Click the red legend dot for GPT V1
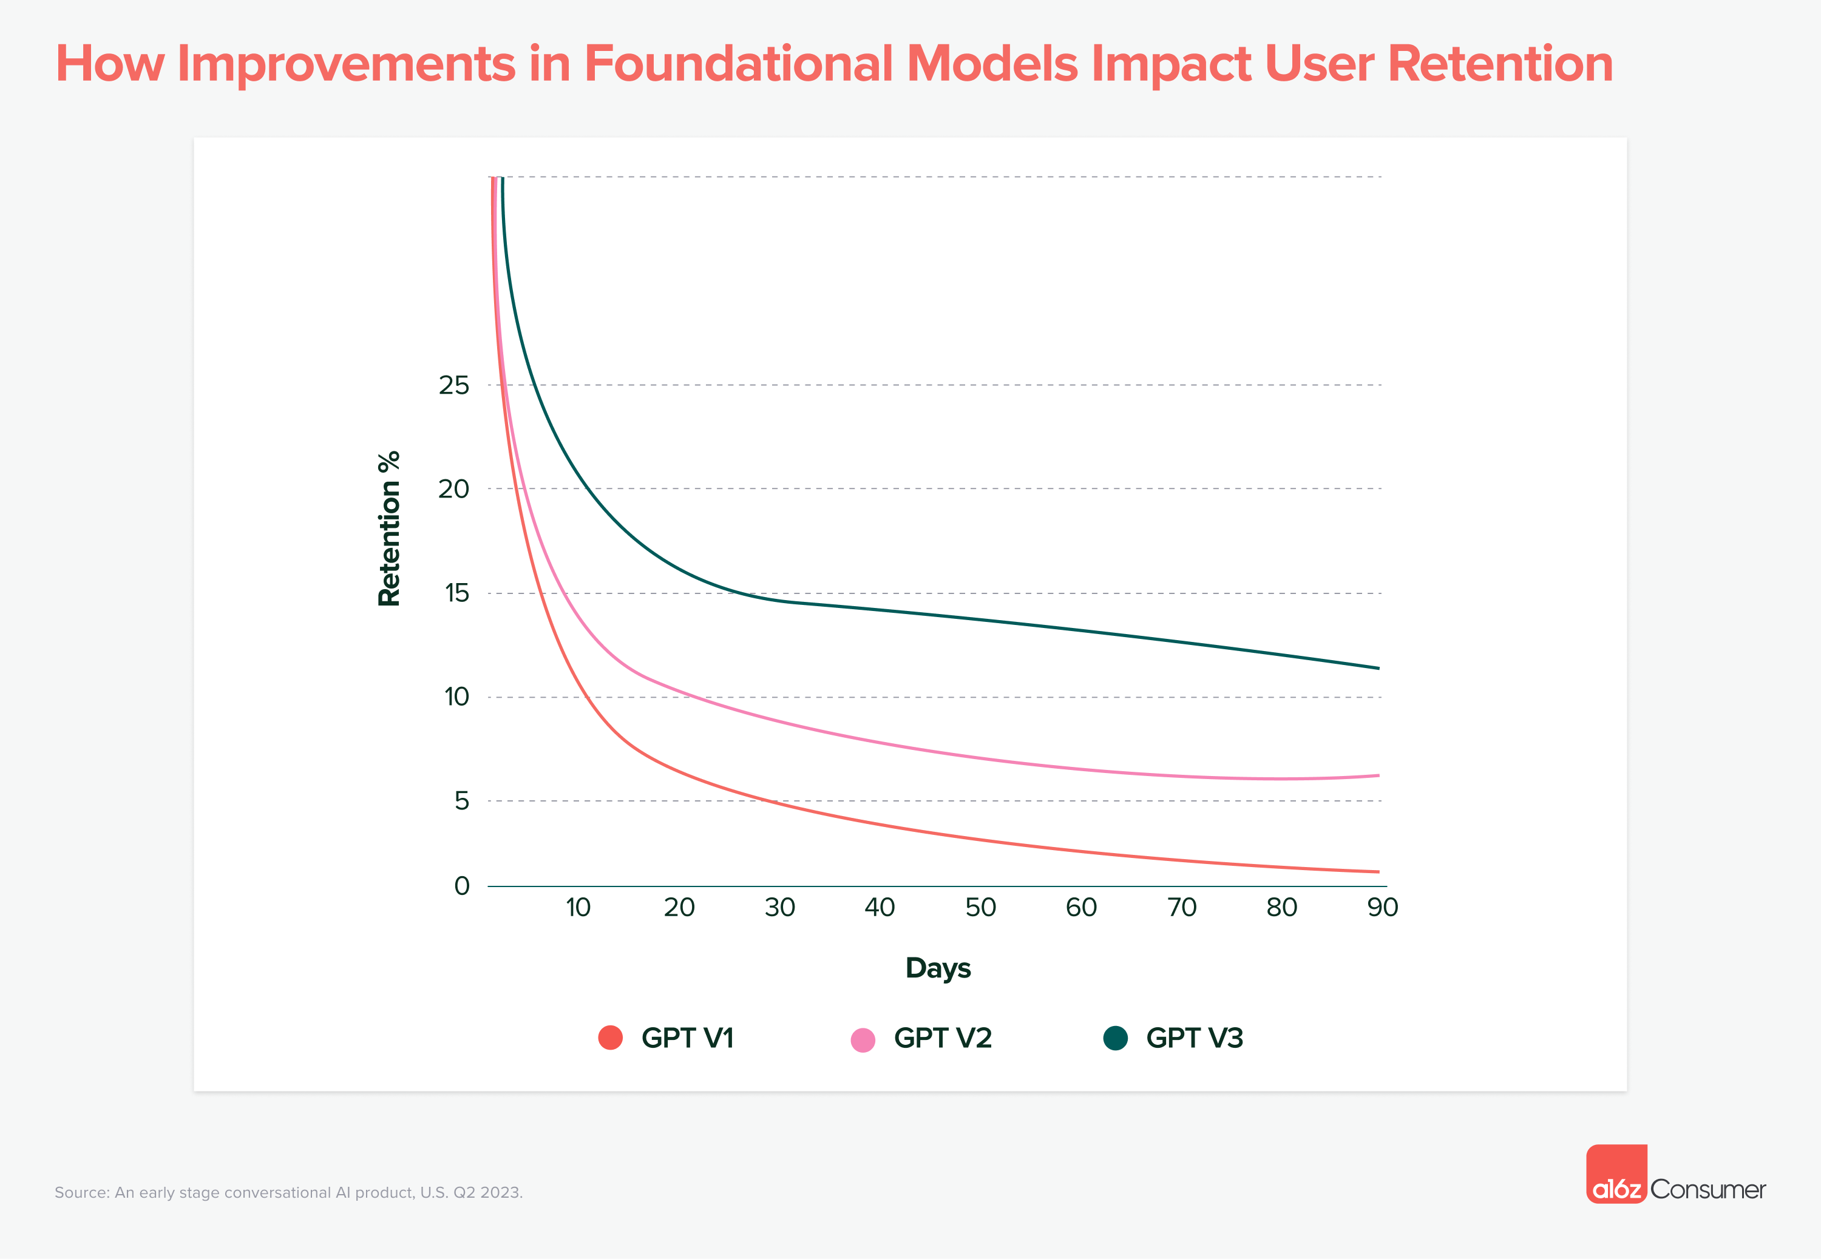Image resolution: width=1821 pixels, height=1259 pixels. pyautogui.click(x=610, y=1038)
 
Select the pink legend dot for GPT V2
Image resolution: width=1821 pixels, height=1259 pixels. pyautogui.click(x=863, y=1040)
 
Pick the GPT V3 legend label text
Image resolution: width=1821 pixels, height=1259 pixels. pyautogui.click(x=1194, y=1038)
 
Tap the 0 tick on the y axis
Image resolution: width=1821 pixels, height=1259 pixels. pyautogui.click(x=461, y=885)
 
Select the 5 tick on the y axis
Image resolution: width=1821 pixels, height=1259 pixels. pyautogui.click(x=461, y=801)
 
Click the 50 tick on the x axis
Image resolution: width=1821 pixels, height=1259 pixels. pyautogui.click(x=980, y=907)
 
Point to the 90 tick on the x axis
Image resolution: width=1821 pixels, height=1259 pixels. pyautogui.click(x=1382, y=907)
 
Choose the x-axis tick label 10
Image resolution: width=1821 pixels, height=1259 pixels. pyautogui.click(x=577, y=907)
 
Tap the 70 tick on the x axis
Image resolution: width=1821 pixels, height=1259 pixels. pyautogui.click(x=1181, y=907)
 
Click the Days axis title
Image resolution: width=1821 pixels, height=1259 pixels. pyautogui.click(x=937, y=968)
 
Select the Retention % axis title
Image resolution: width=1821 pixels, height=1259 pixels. pyautogui.click(x=389, y=528)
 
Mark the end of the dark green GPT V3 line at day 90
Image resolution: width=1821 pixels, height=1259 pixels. pyautogui.click(x=1377, y=668)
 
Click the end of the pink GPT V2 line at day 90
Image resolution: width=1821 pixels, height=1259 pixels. pyautogui.click(x=1377, y=775)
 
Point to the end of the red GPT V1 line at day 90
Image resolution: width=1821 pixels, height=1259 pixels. pyautogui.click(x=1377, y=872)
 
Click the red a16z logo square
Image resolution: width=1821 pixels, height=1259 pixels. pyautogui.click(x=1616, y=1174)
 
